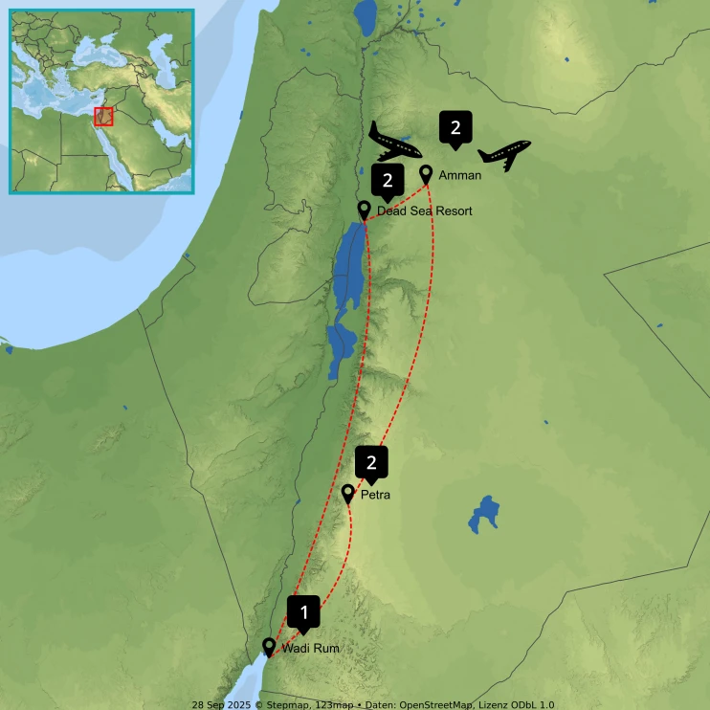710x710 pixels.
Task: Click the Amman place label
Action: click(459, 175)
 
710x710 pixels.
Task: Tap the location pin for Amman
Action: click(427, 174)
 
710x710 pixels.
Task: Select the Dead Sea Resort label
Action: click(424, 211)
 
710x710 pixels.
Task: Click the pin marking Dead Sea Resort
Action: click(364, 210)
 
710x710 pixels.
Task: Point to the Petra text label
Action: click(375, 496)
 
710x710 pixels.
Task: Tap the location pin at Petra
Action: click(348, 494)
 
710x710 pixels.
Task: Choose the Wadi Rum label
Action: click(311, 649)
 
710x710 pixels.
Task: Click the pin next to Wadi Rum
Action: click(269, 647)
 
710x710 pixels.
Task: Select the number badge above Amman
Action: click(455, 127)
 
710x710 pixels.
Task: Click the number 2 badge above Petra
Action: click(372, 462)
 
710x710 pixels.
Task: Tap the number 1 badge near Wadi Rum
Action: click(304, 610)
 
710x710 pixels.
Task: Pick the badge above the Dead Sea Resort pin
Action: click(388, 179)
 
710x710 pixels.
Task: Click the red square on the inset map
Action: click(103, 116)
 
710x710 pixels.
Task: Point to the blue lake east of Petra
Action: click(484, 514)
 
